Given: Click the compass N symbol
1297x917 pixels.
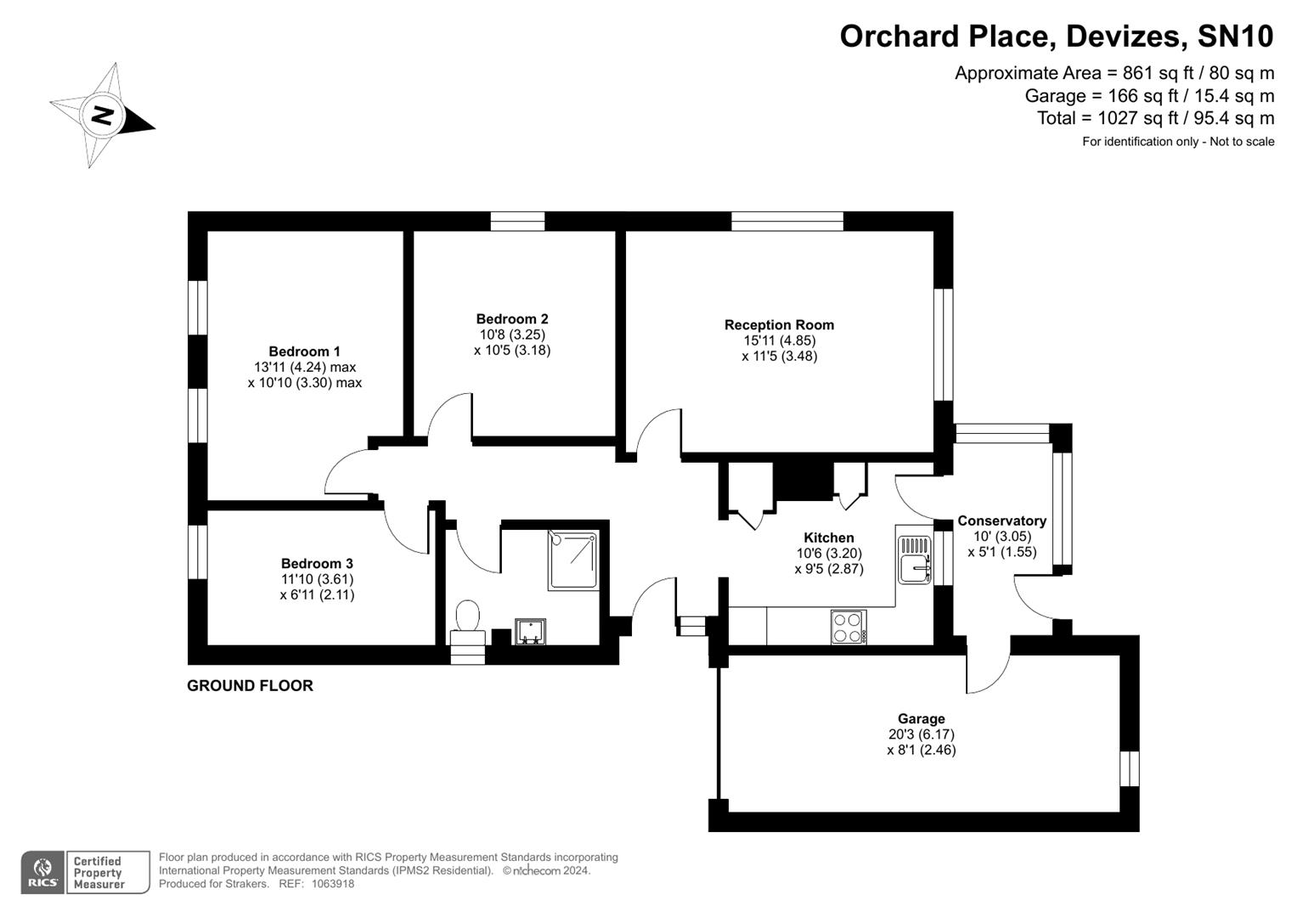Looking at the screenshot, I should tap(102, 115).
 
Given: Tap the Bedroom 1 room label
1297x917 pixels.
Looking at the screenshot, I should tap(304, 352).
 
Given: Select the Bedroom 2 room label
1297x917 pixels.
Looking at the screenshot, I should tap(512, 319).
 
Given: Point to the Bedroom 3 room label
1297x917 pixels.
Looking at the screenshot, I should tap(317, 564).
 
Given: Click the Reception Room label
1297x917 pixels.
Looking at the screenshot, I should tap(779, 325).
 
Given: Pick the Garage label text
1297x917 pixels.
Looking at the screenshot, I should tap(921, 719).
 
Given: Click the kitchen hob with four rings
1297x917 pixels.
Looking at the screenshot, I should tap(848, 627).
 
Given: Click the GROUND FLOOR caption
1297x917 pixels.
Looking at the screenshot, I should tap(250, 686).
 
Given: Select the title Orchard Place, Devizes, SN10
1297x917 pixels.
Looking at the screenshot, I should tap(1057, 37).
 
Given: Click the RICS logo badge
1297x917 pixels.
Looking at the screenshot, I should tap(42, 873).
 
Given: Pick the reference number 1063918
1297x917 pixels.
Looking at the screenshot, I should tap(333, 884).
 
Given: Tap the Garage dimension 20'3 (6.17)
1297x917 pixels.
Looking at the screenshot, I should tap(921, 734).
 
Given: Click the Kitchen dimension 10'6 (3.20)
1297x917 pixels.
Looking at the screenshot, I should tap(828, 554).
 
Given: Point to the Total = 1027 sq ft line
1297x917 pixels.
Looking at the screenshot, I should tap(1155, 118).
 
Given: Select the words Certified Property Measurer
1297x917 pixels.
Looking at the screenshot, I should tap(99, 873).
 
